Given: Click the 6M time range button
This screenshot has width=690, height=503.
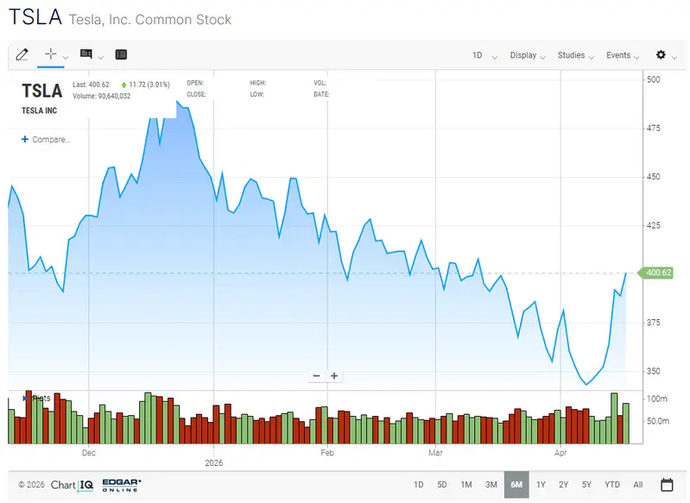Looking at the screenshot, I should [x=516, y=484].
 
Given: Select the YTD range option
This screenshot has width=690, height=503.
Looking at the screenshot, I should [x=612, y=484].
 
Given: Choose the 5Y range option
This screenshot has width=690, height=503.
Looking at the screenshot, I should [x=586, y=484].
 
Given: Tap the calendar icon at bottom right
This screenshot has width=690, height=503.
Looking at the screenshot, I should [x=667, y=484].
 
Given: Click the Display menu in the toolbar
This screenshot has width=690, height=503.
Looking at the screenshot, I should [x=527, y=55].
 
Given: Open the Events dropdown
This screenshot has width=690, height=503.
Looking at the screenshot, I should [x=622, y=55].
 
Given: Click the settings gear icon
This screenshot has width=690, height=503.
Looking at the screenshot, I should [x=662, y=55].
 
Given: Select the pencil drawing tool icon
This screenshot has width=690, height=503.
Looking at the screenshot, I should [x=22, y=54].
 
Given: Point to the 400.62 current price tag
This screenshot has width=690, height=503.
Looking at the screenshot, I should [x=658, y=273].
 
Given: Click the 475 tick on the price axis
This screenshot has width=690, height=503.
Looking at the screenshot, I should [x=654, y=128].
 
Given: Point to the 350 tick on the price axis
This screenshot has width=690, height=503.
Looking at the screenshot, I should [x=654, y=371].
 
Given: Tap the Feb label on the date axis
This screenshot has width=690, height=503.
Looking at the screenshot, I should [x=327, y=451].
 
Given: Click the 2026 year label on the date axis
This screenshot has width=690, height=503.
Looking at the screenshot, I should [x=213, y=462].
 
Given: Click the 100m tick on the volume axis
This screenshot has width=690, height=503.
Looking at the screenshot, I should [x=657, y=399].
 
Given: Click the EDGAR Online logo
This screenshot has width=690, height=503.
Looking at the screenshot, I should [x=122, y=484].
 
